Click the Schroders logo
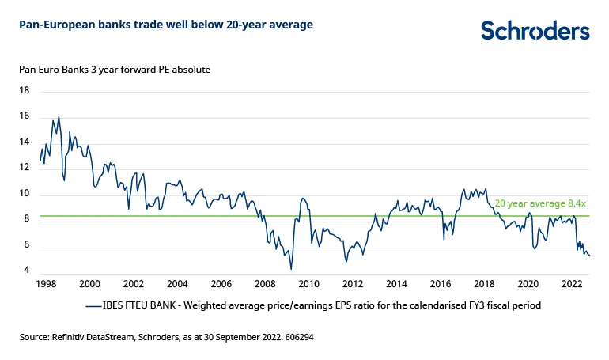(x=535, y=30)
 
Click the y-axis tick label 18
(x=24, y=91)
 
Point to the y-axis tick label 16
(x=24, y=116)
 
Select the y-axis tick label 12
(x=24, y=168)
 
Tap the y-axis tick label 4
(x=26, y=271)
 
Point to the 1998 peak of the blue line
(x=59, y=117)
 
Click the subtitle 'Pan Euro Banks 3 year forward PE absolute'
(x=115, y=69)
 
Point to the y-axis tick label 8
(x=26, y=219)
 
